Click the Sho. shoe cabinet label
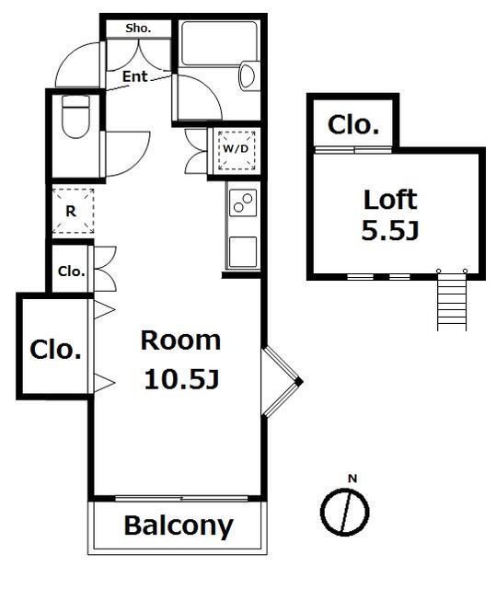(x=138, y=28)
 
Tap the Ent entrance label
(x=134, y=77)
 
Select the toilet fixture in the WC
(x=75, y=117)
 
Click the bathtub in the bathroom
(x=219, y=43)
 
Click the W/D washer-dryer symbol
(x=236, y=149)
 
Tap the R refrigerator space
(x=73, y=211)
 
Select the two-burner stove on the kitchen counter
(x=243, y=202)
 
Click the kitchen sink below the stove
(x=243, y=252)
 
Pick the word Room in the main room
(x=180, y=341)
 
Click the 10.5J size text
(x=181, y=379)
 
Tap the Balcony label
(x=179, y=525)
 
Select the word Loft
(x=390, y=200)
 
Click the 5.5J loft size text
(x=390, y=230)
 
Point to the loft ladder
(x=452, y=300)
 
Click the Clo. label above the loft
(x=353, y=125)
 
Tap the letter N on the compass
(x=352, y=479)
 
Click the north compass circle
(x=344, y=512)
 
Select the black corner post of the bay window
(x=298, y=382)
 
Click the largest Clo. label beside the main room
(x=55, y=350)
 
